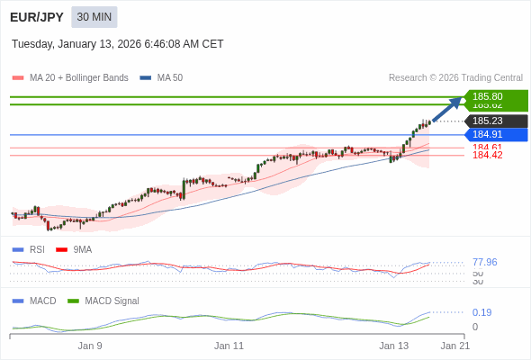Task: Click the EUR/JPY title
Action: coord(37,17)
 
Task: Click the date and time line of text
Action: coord(117,44)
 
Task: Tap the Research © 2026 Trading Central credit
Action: coord(455,78)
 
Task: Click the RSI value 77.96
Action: coord(484,263)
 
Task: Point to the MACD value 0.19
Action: coord(481,313)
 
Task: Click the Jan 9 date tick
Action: coord(90,346)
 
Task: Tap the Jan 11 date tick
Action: coord(229,346)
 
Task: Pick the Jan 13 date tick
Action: coord(393,346)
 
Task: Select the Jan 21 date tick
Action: coord(454,346)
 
